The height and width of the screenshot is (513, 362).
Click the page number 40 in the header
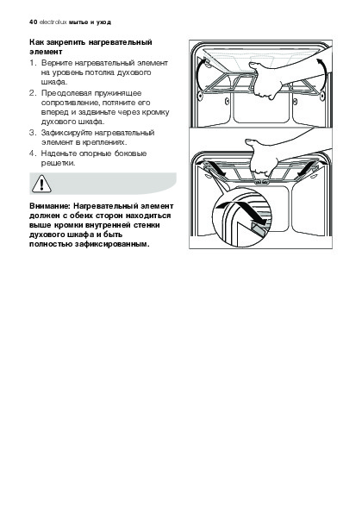[x=33, y=22]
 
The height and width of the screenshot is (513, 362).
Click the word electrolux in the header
[x=53, y=22]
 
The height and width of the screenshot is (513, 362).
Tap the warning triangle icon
[x=41, y=184]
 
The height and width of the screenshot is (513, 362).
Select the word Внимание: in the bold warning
[x=50, y=206]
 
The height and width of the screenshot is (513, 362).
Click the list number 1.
[x=32, y=63]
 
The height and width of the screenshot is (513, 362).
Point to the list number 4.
[x=32, y=153]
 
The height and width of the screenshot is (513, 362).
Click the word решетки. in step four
[x=59, y=163]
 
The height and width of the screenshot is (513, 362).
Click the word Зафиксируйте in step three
[x=67, y=133]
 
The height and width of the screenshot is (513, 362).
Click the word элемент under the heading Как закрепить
[x=46, y=52]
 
